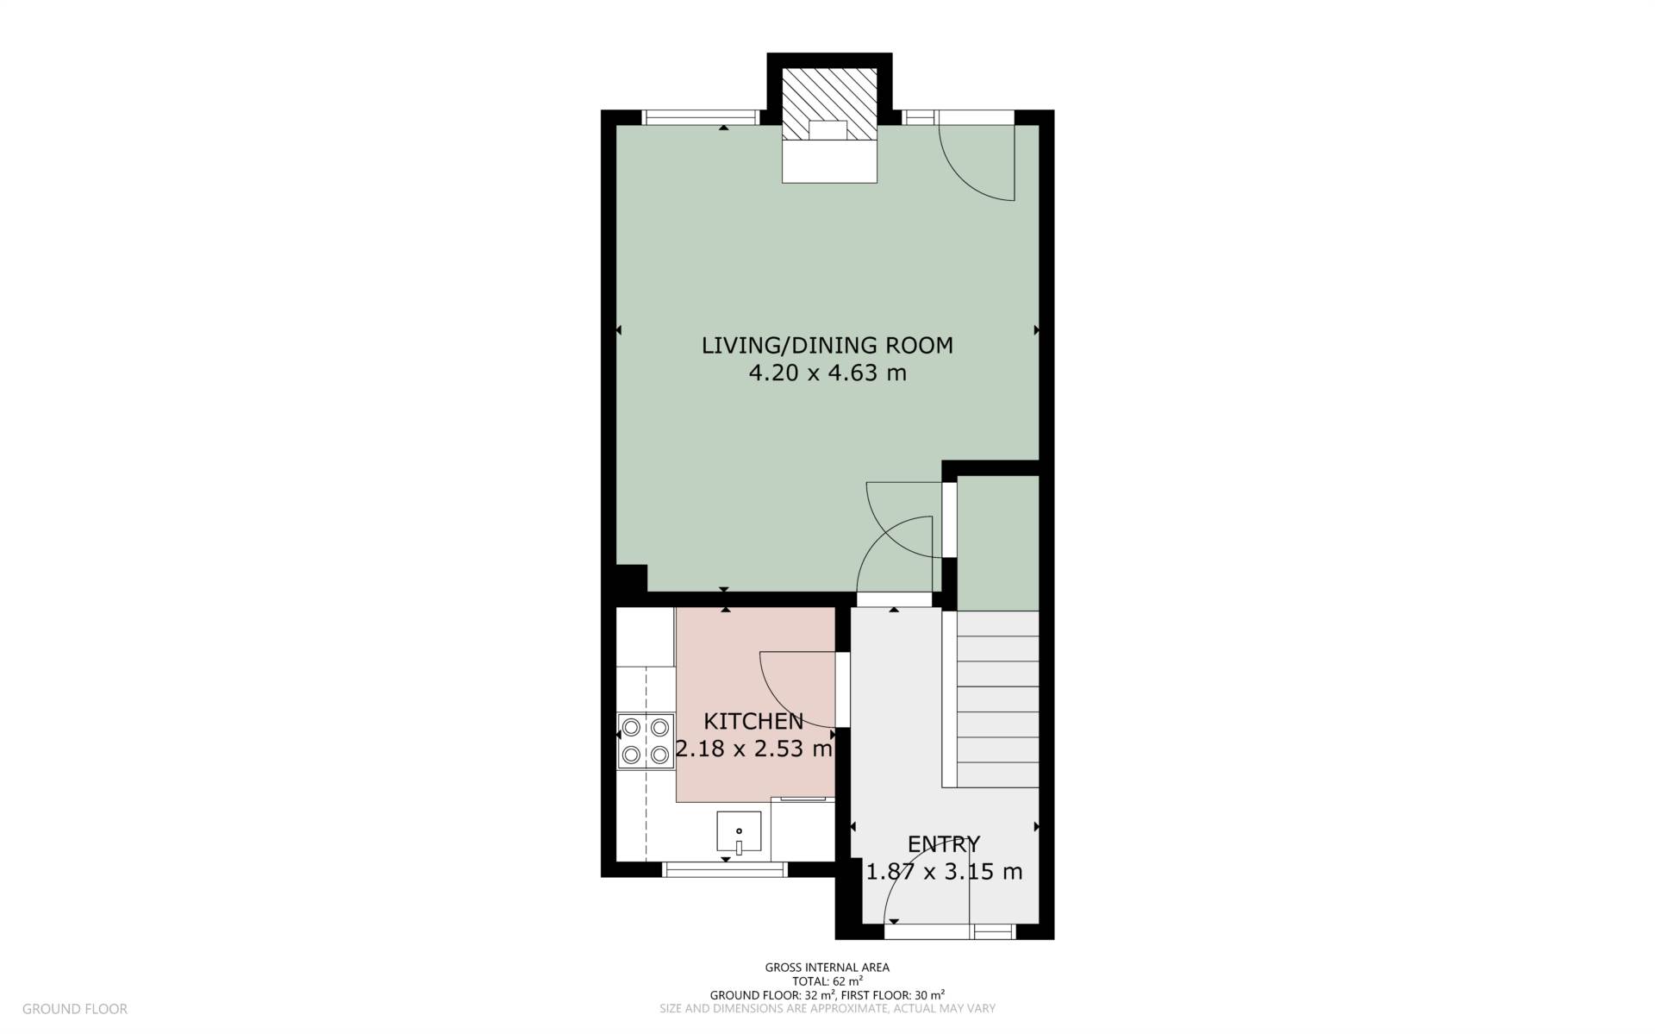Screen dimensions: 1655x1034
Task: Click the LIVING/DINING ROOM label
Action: click(827, 346)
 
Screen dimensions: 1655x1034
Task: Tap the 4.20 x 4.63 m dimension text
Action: click(827, 373)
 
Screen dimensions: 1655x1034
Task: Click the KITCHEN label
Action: click(753, 721)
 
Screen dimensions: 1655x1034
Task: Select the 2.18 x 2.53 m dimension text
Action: click(754, 749)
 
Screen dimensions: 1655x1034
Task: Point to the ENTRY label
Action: click(944, 843)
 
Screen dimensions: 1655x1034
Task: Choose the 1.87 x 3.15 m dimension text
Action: click(944, 872)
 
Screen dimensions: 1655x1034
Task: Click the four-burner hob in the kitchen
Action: click(646, 741)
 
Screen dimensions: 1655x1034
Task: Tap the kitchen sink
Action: click(739, 831)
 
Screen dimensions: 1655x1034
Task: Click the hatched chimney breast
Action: click(829, 103)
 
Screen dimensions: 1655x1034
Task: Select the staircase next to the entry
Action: click(997, 699)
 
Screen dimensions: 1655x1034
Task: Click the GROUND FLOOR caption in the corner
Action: click(75, 1008)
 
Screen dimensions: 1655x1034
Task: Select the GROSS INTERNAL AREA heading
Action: click(827, 968)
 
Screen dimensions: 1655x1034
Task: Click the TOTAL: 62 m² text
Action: click(827, 981)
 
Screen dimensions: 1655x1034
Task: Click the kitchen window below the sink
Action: click(725, 868)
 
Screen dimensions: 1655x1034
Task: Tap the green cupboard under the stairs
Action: click(998, 542)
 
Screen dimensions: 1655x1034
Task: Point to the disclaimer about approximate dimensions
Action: click(827, 1008)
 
